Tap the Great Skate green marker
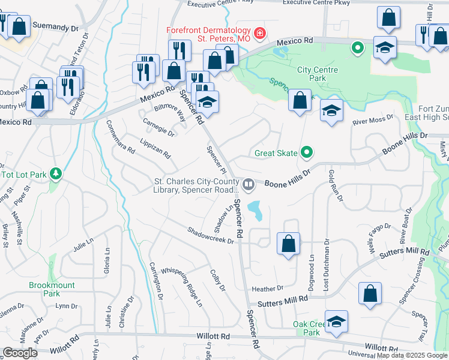point(307,152)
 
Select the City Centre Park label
point(318,74)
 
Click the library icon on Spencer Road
point(247,182)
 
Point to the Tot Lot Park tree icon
point(56,174)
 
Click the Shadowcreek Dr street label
point(209,235)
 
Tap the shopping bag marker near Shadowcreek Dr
point(289,244)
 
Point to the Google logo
point(20,353)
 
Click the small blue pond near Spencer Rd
point(256,209)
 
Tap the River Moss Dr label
point(372,121)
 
